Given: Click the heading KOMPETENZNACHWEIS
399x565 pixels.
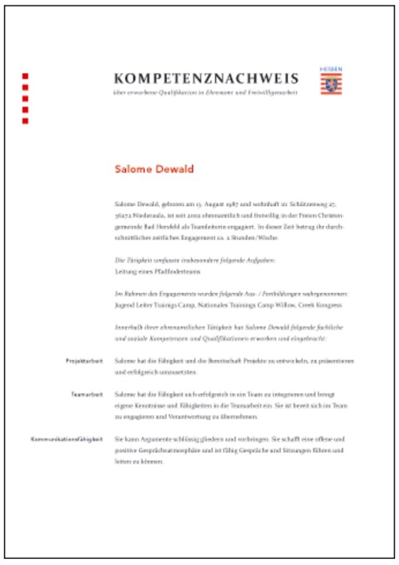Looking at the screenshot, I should (206, 78).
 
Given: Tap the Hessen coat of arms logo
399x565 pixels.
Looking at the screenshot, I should (331, 82).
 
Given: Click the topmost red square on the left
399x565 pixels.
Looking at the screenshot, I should (25, 76).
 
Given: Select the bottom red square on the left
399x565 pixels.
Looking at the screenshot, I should (25, 121).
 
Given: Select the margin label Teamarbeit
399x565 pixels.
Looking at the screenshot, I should (87, 395).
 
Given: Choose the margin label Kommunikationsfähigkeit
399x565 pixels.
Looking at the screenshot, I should (67, 440).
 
